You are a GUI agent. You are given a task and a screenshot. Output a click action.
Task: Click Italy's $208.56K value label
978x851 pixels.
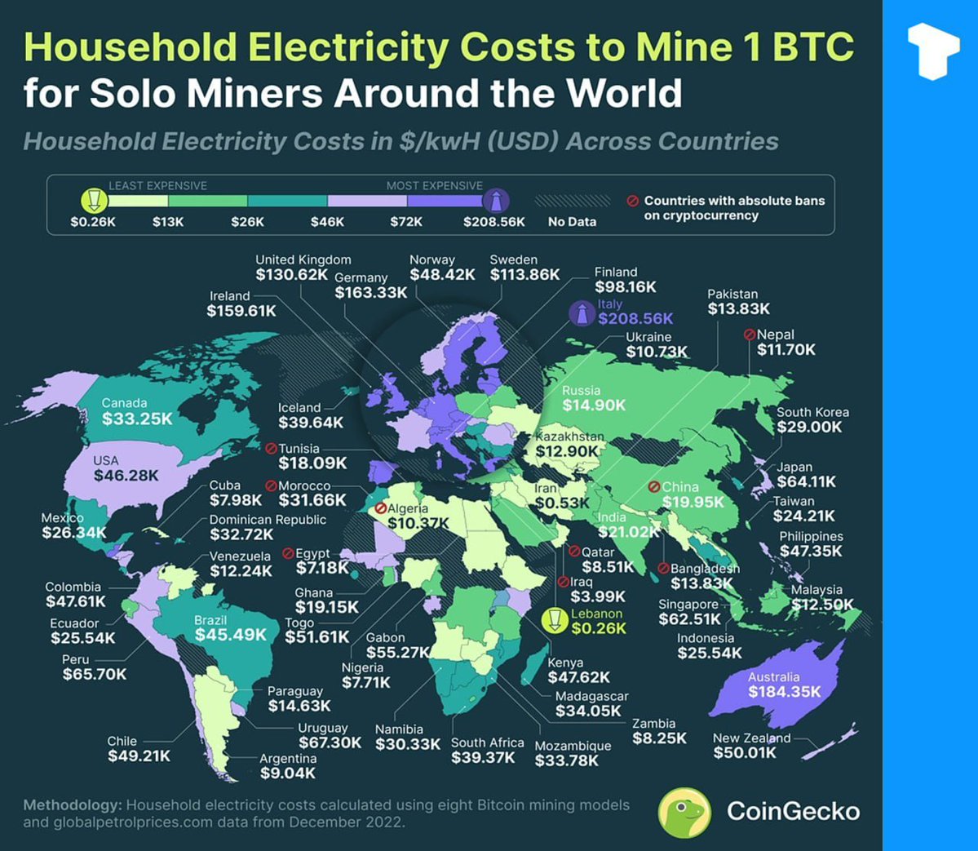635,318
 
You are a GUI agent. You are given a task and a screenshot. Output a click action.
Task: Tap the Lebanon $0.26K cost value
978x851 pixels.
599,628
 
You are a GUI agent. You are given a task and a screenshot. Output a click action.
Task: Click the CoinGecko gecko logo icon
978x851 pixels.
684,812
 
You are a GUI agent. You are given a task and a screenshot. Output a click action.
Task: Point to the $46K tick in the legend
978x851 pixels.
327,221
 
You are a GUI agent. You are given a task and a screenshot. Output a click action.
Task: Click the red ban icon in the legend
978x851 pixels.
632,201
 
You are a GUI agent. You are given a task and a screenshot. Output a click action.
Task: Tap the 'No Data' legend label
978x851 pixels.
572,221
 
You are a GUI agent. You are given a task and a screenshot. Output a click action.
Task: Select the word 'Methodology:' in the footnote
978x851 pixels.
73,805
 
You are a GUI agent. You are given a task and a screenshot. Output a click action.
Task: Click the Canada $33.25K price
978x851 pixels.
137,419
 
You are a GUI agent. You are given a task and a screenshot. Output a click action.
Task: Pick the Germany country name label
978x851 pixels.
361,277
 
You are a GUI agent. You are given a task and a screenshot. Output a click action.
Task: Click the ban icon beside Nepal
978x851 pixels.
749,335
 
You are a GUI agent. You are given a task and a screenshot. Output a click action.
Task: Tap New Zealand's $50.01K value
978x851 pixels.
745,752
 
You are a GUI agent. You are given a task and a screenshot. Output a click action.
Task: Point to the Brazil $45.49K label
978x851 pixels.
231,635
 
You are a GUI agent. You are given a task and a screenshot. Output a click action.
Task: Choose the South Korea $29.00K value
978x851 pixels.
809,427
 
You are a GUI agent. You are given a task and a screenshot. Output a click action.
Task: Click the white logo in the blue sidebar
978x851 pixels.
932,50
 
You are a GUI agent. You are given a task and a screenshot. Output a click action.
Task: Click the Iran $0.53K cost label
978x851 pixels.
562,503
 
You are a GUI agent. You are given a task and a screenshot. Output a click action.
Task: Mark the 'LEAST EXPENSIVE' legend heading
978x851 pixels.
157,186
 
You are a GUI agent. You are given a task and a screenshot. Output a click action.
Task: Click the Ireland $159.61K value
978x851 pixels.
241,311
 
